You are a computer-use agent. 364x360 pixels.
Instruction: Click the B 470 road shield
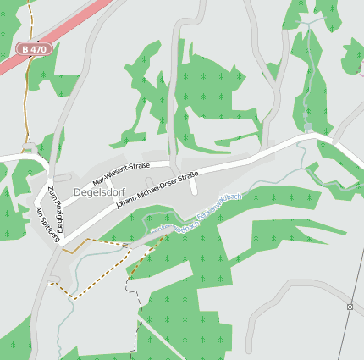[x=35, y=49]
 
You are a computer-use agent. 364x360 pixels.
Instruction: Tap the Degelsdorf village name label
[x=100, y=192]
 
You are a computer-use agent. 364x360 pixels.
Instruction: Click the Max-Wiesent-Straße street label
[x=121, y=174]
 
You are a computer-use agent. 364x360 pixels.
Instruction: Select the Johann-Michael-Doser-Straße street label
[x=157, y=191]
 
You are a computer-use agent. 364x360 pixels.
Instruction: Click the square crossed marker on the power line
[x=350, y=307]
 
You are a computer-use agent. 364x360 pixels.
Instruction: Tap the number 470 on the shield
[x=39, y=49]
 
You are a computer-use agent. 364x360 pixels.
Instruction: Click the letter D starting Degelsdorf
[x=77, y=192]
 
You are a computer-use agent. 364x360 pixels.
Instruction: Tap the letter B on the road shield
[x=26, y=49]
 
